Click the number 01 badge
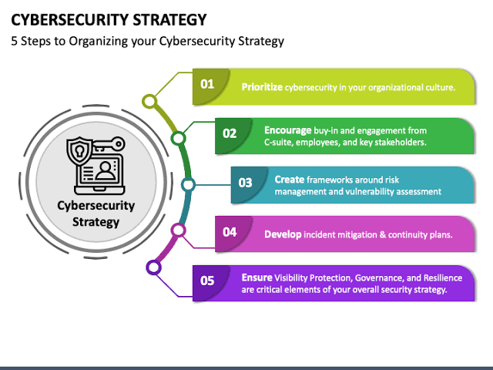coord(207,84)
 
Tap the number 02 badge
coord(230,133)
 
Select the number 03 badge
coord(245,183)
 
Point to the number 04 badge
coord(230,232)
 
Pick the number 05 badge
coord(207,281)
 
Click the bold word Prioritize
coord(262,87)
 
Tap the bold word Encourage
coord(287,130)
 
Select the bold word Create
coord(290,180)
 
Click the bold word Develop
coord(283,234)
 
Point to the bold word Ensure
coord(257,277)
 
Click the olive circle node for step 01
coord(149,101)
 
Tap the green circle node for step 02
coord(178,138)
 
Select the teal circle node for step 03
coord(188,185)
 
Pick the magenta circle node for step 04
coord(178,230)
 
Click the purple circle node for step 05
coord(154,267)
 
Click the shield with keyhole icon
coord(79,151)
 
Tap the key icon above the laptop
coord(109,144)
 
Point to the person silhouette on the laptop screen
coord(106,170)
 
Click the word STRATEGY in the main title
coord(169,19)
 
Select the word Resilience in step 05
coord(443,277)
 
